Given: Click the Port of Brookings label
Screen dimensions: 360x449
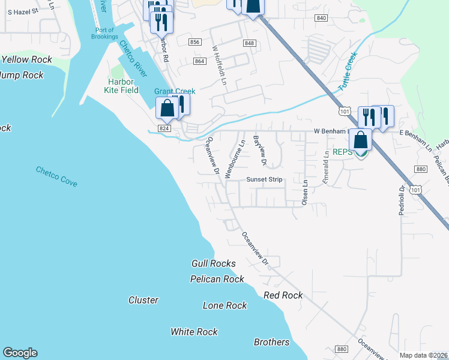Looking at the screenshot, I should [106, 33].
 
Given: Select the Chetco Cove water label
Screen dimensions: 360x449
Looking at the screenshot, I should [56, 176].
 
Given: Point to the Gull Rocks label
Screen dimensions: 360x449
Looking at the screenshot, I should [214, 263].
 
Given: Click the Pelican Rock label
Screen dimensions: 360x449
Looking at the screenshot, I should [217, 279].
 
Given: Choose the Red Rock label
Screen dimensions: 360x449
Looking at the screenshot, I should [283, 295].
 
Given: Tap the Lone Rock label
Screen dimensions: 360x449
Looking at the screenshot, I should [225, 305].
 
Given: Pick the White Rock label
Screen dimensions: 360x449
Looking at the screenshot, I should [194, 332].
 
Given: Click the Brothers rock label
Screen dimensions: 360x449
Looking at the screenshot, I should [271, 342].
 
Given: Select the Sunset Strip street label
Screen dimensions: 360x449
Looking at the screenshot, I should [264, 179].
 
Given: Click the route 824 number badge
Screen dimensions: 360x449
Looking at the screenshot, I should [165, 128].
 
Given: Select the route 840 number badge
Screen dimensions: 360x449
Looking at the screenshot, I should [321, 18].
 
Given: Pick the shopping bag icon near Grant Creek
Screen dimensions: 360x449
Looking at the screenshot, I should [167, 108].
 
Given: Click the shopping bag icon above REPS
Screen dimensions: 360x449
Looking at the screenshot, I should [360, 139].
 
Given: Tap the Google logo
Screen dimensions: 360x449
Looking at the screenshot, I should [20, 353].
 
